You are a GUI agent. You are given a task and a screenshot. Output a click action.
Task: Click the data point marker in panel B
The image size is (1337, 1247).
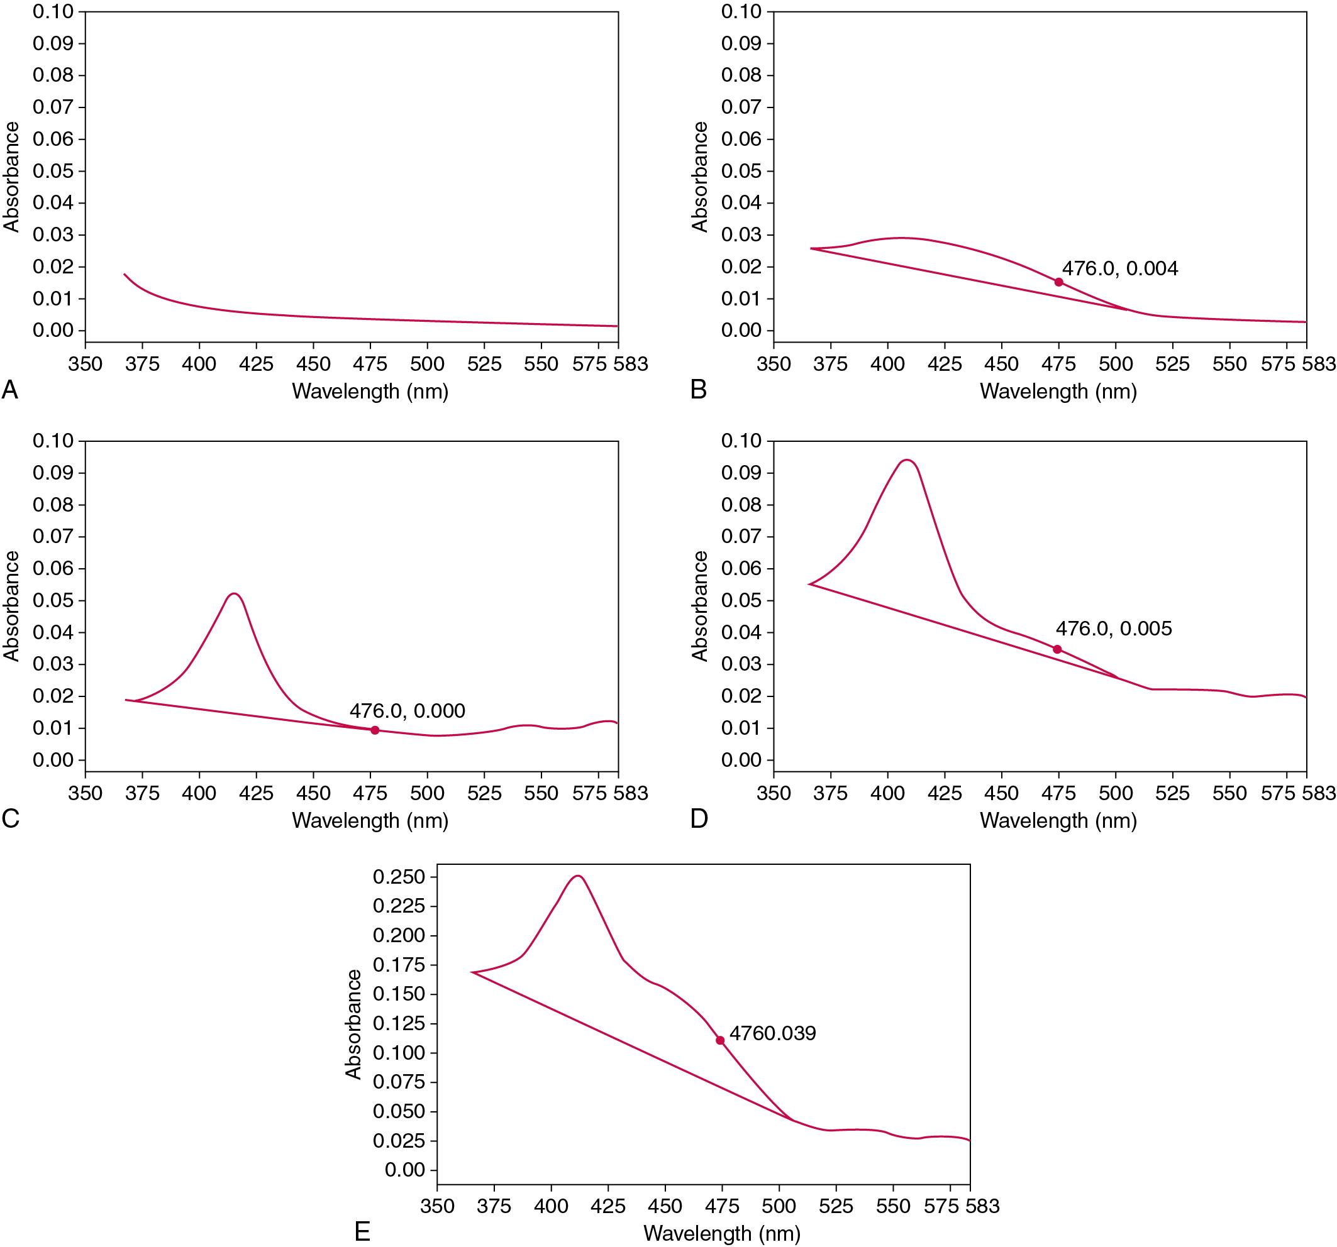(x=1058, y=282)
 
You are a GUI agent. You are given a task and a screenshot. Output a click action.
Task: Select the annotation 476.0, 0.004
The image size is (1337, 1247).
(x=1120, y=269)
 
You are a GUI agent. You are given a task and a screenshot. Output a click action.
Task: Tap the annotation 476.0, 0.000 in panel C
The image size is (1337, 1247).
(x=407, y=711)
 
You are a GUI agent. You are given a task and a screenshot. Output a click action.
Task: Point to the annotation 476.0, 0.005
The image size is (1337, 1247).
(x=1114, y=629)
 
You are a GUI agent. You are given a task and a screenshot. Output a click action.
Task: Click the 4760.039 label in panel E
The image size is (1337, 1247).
(x=773, y=1033)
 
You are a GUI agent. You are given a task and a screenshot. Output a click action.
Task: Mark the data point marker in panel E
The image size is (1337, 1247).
(x=720, y=1040)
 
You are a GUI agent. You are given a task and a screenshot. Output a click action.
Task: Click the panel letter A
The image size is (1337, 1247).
(x=9, y=389)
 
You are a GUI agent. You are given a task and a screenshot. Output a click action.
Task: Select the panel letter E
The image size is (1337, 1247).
(x=362, y=1231)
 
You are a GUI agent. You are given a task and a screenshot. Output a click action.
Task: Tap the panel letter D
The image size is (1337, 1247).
(x=699, y=819)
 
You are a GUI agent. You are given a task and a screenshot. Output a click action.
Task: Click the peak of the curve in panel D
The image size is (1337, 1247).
(x=907, y=461)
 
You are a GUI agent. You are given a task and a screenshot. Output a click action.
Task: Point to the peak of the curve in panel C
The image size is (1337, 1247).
(x=234, y=593)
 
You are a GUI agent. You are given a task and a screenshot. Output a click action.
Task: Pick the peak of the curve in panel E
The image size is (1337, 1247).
(x=578, y=876)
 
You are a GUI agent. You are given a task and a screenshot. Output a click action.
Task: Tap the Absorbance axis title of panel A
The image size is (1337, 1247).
(x=11, y=177)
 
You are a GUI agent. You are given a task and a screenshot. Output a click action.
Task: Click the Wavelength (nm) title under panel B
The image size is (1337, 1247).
(x=1058, y=391)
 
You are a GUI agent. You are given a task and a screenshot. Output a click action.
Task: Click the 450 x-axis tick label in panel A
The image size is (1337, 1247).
(x=313, y=364)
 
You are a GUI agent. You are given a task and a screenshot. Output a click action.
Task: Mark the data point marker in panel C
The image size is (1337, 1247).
(x=375, y=730)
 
